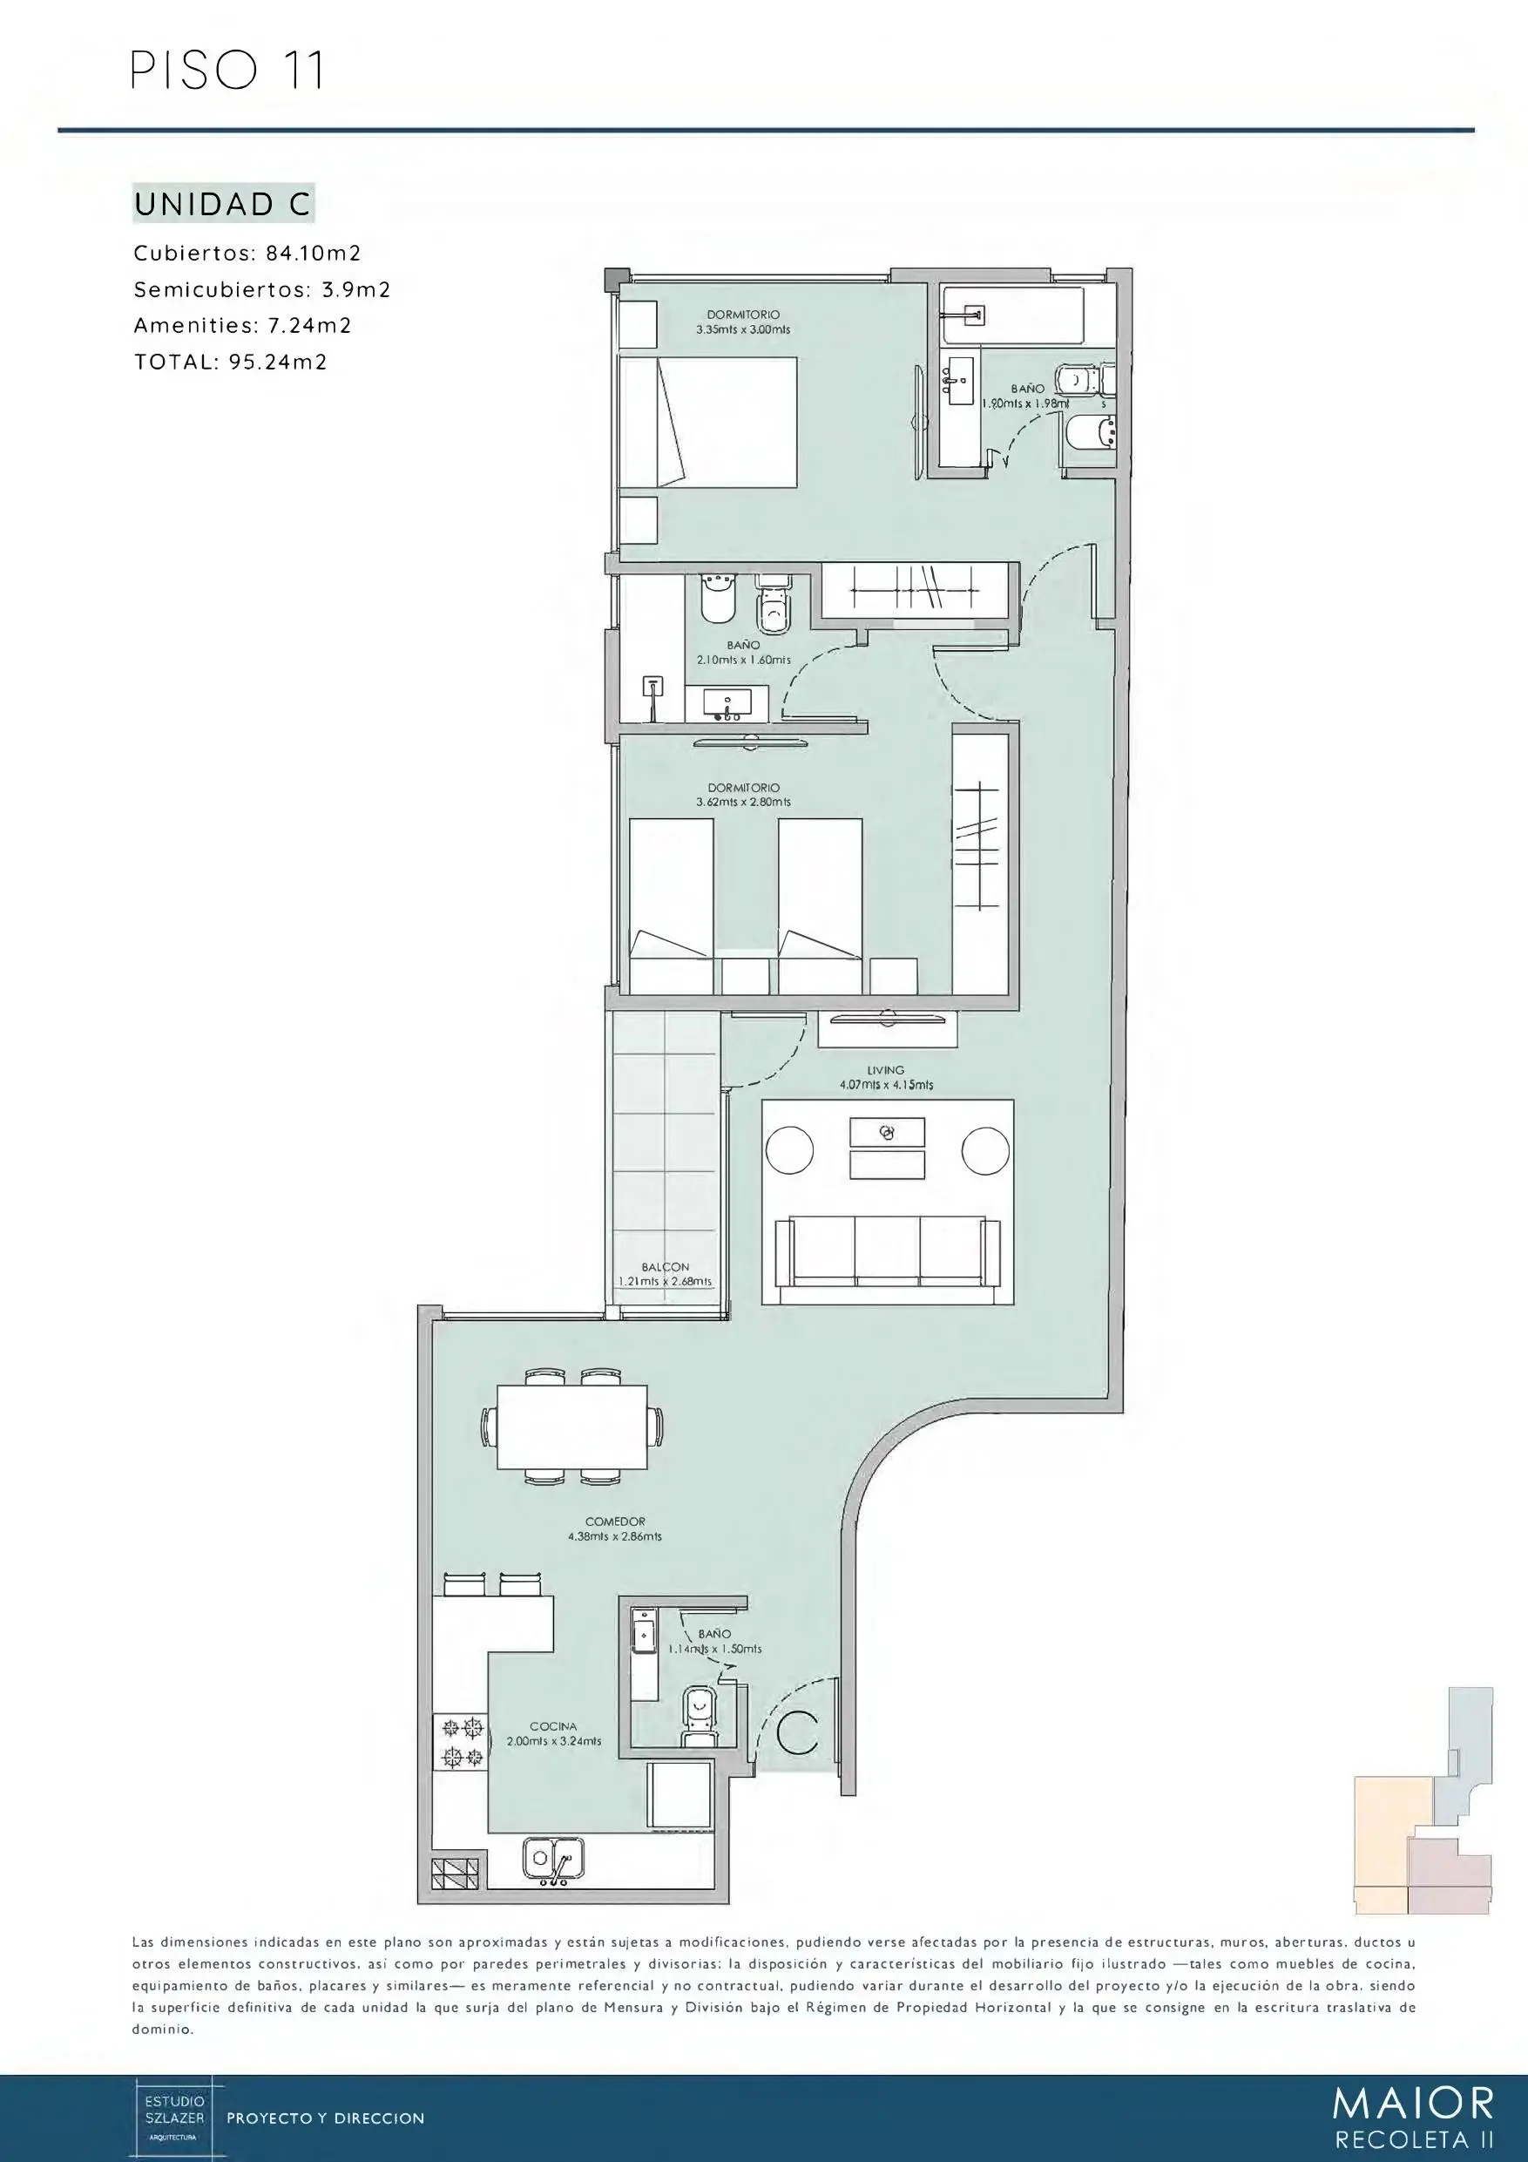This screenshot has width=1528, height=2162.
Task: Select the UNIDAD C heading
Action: (223, 204)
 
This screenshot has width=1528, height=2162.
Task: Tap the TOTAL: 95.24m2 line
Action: (231, 363)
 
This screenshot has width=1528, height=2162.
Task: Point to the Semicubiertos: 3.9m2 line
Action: (261, 290)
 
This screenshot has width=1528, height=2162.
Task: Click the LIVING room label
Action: (886, 1070)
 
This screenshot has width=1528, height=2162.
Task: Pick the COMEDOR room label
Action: (615, 1522)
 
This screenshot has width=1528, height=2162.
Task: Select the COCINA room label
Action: (553, 1726)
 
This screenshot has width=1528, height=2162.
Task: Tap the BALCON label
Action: (666, 1266)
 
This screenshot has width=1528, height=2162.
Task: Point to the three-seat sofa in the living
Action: (887, 1250)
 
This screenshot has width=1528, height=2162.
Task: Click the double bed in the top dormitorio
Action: (707, 422)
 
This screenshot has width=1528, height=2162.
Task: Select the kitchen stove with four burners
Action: (460, 1741)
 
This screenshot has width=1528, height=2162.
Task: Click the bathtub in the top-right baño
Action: (1013, 315)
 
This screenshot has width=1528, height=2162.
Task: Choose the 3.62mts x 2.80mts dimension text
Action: (743, 803)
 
